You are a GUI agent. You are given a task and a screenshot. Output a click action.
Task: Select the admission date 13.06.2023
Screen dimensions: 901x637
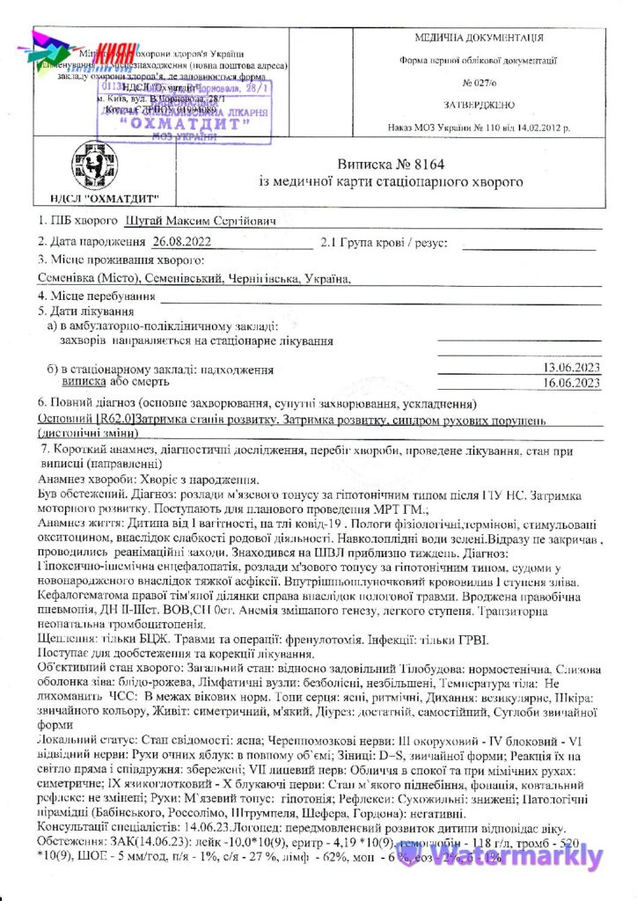[x=571, y=368]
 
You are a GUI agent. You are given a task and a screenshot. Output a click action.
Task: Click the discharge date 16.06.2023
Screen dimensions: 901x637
[x=571, y=382]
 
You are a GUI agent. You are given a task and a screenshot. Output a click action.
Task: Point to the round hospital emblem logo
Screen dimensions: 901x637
[x=79, y=165]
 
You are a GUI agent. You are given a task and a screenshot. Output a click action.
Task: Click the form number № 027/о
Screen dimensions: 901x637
[x=480, y=84]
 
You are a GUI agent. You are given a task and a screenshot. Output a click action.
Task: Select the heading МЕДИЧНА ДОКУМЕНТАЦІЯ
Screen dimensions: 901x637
[x=480, y=38]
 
